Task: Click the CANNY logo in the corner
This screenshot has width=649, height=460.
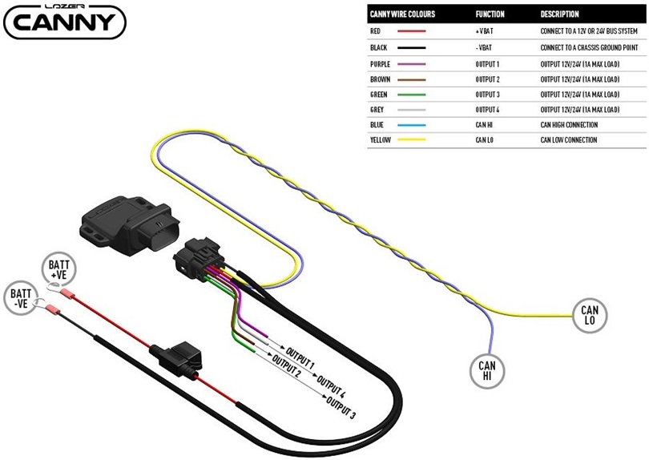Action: pyautogui.click(x=65, y=22)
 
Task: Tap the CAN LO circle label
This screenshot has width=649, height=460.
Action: pyautogui.click(x=589, y=315)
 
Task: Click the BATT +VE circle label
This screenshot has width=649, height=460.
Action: pyautogui.click(x=58, y=269)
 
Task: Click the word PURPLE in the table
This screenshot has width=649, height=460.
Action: pyautogui.click(x=381, y=64)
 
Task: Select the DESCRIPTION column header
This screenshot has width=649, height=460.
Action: pyautogui.click(x=560, y=14)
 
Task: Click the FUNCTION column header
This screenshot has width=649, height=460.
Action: pyautogui.click(x=490, y=14)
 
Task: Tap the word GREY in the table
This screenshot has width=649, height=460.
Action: pyautogui.click(x=377, y=110)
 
